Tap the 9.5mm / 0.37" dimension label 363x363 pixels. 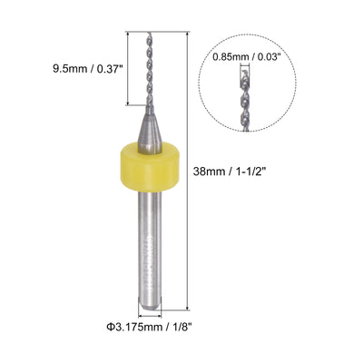click(88, 69)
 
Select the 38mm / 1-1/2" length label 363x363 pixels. click(230, 172)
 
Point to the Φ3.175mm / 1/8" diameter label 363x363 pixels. click(150, 327)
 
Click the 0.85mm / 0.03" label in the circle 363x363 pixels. click(245, 56)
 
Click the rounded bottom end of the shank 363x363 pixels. click(150, 305)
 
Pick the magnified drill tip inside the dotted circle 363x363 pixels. click(246, 100)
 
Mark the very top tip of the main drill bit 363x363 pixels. click(150, 32)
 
